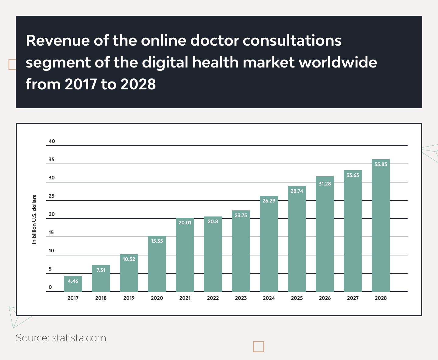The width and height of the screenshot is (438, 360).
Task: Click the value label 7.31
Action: (x=101, y=270)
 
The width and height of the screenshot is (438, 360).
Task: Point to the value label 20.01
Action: (x=185, y=223)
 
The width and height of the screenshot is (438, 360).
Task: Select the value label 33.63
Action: (x=353, y=175)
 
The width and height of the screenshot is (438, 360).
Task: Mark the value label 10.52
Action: (x=129, y=259)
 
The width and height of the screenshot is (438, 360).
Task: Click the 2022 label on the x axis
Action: (x=213, y=298)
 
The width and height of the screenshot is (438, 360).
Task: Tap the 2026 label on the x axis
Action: (x=325, y=298)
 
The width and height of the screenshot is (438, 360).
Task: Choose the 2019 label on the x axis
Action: (x=129, y=298)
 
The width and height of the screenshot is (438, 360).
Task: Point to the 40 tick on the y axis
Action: (x=52, y=141)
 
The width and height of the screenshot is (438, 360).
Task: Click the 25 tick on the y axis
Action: (x=52, y=196)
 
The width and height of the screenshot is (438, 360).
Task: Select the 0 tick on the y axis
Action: (x=50, y=287)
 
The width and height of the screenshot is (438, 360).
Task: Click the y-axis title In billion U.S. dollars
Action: (x=34, y=219)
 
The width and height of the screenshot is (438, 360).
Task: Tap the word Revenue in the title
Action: (x=58, y=40)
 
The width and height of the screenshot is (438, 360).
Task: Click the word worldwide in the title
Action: (x=338, y=62)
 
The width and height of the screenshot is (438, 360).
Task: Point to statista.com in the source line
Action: (x=79, y=338)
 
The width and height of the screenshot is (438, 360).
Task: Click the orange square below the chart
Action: (x=259, y=347)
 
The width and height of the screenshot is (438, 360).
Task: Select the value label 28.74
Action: (x=297, y=191)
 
